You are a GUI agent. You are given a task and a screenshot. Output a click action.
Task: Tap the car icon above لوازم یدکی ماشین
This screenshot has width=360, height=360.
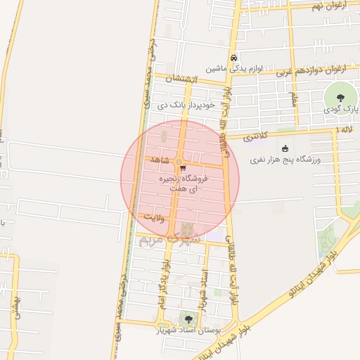tap(233, 58)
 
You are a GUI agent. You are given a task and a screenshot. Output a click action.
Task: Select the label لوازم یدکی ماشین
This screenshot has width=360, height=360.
tap(234, 70)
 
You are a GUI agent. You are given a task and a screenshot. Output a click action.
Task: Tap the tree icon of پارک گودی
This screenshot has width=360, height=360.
tap(341, 98)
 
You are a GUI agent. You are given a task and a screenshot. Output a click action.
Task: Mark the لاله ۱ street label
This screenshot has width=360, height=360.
tap(345, 131)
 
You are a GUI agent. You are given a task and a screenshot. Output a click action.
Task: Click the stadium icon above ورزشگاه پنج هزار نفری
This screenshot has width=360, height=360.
tap(285, 148)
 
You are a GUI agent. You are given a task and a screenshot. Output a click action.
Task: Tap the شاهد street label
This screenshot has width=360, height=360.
tap(161, 160)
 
